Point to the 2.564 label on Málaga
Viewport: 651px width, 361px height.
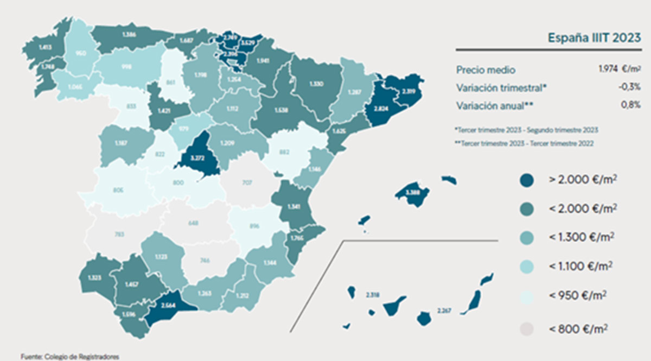[x=168, y=305]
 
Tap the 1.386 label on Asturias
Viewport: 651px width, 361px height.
[x=129, y=34]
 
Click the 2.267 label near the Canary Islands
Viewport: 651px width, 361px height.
[x=444, y=311]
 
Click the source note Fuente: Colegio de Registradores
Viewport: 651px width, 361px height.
[x=69, y=357]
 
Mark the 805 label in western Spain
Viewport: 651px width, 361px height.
[x=119, y=191]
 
